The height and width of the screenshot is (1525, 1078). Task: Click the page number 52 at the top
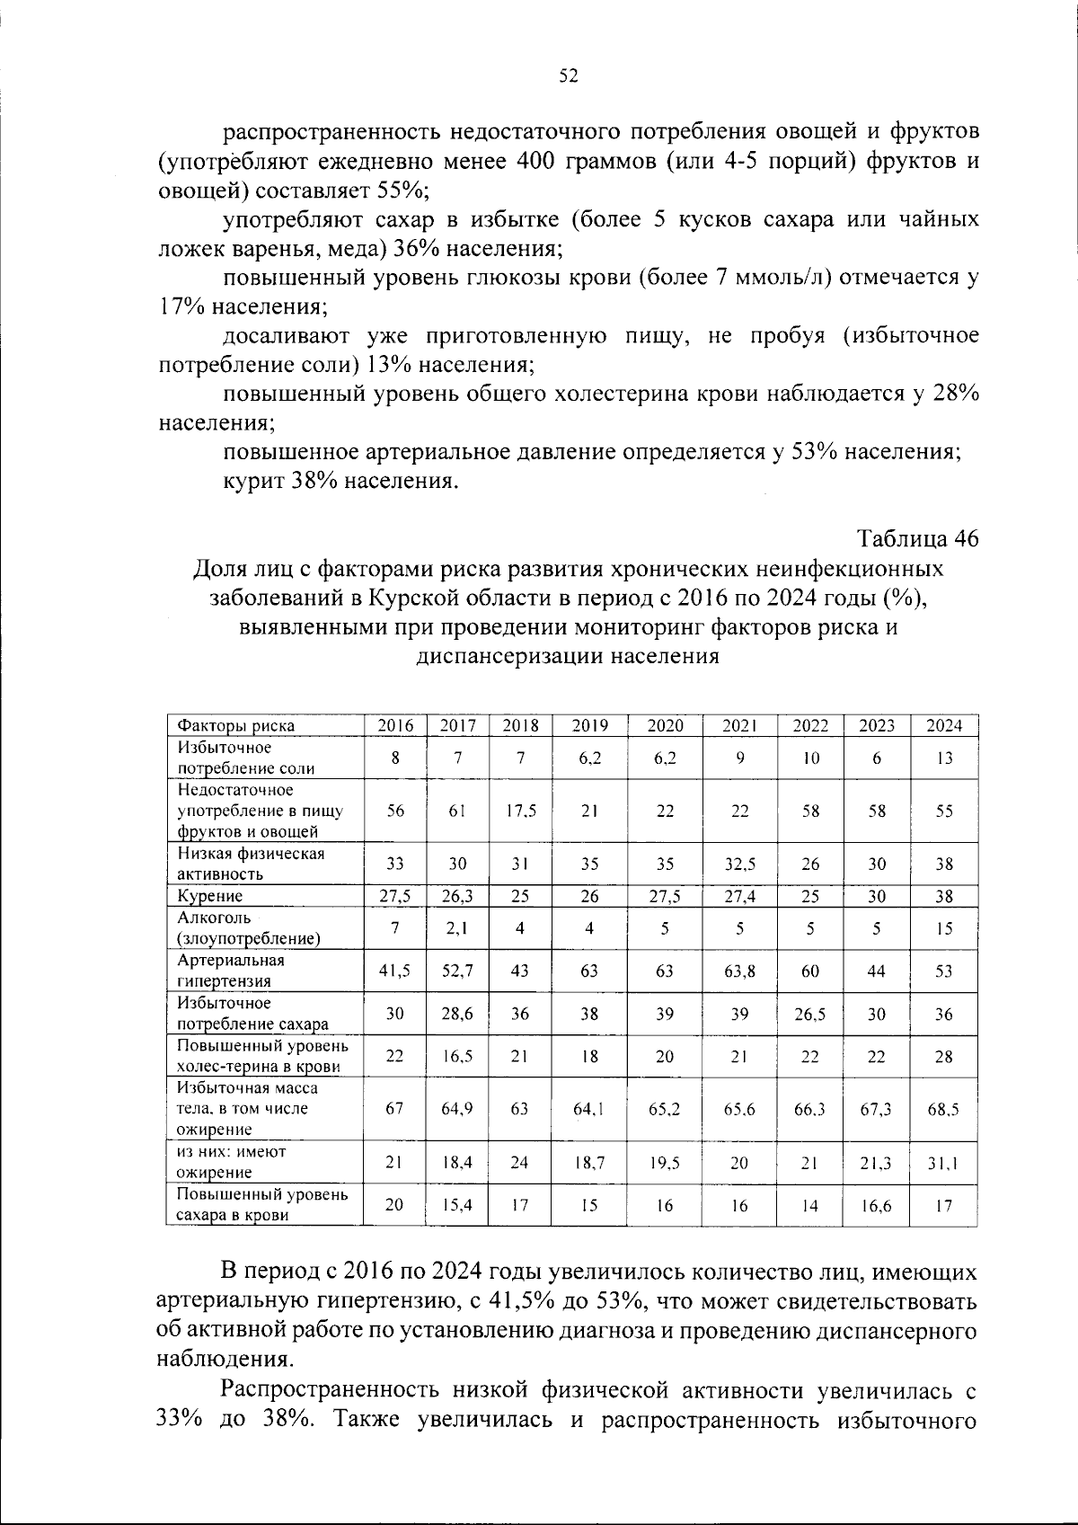[568, 76]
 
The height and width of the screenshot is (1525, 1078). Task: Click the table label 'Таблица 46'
[917, 538]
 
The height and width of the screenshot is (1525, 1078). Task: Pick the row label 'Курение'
[210, 896]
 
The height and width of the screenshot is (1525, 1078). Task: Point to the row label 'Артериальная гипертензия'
[231, 971]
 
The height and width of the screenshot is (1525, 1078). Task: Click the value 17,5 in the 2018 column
[520, 811]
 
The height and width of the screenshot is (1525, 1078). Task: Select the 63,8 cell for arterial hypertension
[739, 971]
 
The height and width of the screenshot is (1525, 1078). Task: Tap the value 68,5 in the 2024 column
[943, 1109]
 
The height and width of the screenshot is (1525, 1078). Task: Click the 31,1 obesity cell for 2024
[943, 1162]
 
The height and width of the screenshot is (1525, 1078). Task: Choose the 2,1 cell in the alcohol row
[457, 928]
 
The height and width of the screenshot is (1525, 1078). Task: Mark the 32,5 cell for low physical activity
[739, 864]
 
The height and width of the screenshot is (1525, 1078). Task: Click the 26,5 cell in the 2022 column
[810, 1015]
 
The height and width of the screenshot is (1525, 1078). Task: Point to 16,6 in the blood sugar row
[876, 1205]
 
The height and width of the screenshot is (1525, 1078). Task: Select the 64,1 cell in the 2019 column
[589, 1109]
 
